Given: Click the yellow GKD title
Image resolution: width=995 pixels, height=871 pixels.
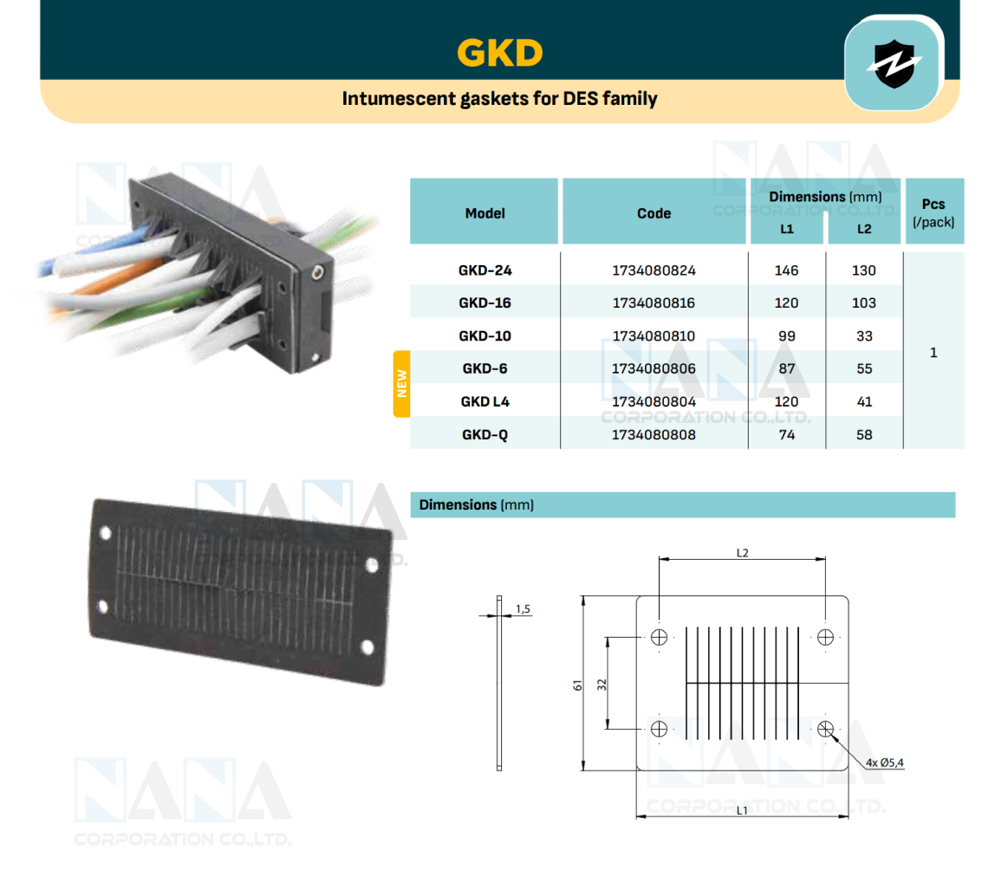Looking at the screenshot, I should (499, 54).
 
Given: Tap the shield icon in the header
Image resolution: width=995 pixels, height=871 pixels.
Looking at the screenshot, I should (894, 65).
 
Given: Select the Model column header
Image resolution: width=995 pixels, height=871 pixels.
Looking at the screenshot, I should (484, 213).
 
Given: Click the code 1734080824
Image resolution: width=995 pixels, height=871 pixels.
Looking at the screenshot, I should (654, 270).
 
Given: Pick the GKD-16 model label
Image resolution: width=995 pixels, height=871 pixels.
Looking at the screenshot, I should (484, 303).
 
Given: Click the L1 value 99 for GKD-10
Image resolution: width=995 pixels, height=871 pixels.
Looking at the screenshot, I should (786, 336).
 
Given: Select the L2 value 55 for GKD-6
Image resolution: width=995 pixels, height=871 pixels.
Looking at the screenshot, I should (863, 369).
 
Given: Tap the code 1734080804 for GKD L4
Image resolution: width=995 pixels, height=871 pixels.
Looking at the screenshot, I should (654, 402).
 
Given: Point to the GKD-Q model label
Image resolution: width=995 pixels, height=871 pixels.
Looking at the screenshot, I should (484, 435).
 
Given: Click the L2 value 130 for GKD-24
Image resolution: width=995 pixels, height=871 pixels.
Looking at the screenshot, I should (863, 270).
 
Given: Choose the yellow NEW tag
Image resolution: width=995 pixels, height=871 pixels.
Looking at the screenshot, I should (401, 384).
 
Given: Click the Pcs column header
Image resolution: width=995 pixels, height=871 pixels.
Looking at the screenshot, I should (933, 213).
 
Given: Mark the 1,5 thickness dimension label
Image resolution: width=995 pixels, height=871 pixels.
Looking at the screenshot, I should (523, 609).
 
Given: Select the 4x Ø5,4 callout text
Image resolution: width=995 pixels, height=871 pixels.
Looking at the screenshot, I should (884, 763).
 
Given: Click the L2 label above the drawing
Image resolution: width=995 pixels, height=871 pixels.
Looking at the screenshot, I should (742, 552).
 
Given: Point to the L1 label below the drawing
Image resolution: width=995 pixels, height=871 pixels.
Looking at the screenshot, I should (742, 809).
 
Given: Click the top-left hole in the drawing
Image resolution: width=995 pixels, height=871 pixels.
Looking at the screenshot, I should (660, 638).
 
